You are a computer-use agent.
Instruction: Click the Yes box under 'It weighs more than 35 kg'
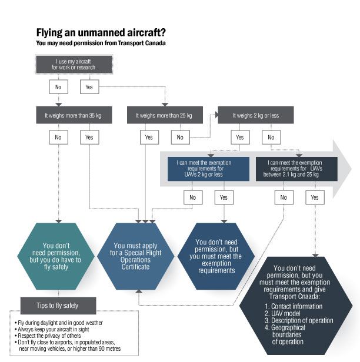click(x=89, y=138)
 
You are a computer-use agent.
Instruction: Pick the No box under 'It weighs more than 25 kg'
click(x=180, y=138)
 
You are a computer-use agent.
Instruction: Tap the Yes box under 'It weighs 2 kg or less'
click(x=239, y=138)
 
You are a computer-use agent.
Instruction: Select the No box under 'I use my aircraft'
click(x=57, y=86)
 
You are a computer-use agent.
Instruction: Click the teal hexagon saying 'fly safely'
click(x=57, y=255)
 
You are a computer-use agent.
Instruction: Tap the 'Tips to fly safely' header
click(x=57, y=305)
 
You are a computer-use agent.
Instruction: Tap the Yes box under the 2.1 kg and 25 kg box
click(x=314, y=197)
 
